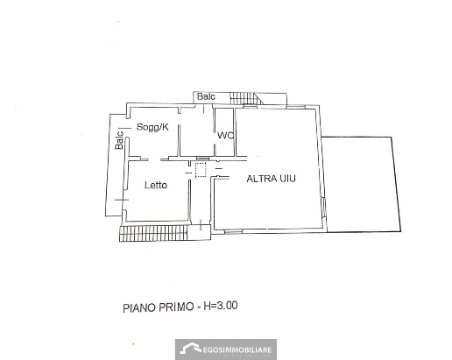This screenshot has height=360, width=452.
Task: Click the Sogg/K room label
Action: pos(152,127)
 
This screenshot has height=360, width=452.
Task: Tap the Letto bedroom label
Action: pos(156,185)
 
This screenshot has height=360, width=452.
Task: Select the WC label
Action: pos(225,136)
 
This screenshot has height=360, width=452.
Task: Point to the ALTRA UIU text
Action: pos(271,179)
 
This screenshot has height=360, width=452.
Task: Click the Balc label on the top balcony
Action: pos(206,96)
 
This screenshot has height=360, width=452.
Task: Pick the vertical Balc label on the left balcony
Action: pos(119,140)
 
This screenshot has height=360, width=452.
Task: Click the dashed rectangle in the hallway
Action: pos(201,170)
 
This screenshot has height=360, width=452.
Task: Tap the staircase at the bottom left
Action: pos(153,234)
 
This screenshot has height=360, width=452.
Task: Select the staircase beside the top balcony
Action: pos(244,98)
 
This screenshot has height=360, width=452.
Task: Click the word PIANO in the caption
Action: pos(140,308)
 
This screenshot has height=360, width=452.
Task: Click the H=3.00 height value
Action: pos(221,306)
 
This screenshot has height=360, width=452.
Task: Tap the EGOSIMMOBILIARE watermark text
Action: pos(237,349)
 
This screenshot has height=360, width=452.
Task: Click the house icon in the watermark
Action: pos(191,349)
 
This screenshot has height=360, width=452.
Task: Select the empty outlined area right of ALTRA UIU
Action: pos(361,184)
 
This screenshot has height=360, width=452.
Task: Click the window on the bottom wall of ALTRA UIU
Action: pos(234,232)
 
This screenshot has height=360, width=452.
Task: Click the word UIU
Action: pos(286,179)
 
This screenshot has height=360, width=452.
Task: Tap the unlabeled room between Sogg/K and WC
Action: pos(197,132)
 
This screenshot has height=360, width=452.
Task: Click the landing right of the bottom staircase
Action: pos(199,232)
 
